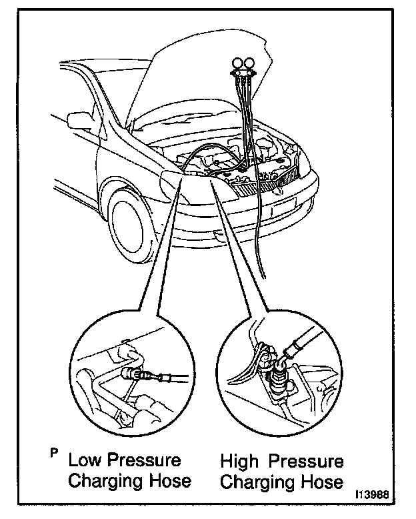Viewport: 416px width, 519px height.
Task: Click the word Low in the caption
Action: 85,460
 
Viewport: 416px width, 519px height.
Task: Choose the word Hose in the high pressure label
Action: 322,481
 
